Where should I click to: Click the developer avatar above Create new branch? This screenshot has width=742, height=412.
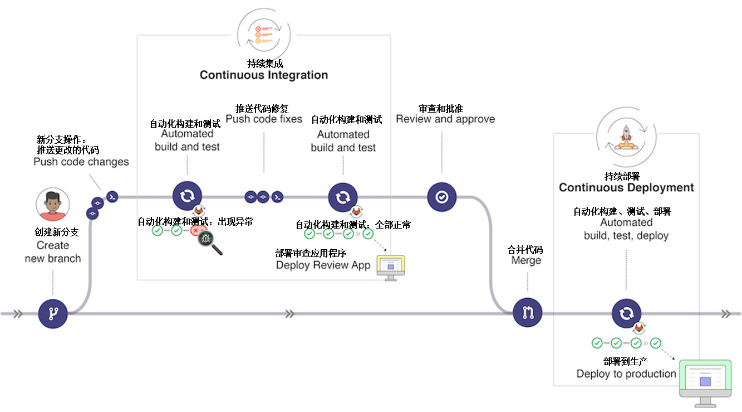53,205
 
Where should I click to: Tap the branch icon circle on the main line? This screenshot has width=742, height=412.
53,313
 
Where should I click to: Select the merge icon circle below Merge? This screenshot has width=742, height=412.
527,313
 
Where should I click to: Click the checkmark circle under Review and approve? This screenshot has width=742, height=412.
442,197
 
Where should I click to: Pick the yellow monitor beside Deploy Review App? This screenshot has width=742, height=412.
391,266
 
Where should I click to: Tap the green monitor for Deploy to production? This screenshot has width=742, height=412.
705,380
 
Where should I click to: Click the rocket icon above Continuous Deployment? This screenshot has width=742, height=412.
626,135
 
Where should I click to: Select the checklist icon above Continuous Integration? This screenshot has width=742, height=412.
262,33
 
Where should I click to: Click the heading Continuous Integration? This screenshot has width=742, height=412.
264,75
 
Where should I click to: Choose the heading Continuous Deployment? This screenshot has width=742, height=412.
626,187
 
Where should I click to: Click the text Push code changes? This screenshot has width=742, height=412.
81,162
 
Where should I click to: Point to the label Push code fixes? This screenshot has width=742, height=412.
264,119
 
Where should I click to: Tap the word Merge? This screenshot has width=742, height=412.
526,260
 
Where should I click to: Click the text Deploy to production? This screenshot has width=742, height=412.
626,374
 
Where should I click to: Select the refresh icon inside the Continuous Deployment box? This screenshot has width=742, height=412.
626,313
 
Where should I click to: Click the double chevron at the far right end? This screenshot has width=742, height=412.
725,314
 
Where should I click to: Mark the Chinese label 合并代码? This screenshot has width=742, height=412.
525,250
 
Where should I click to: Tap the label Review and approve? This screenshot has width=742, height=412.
445,119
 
